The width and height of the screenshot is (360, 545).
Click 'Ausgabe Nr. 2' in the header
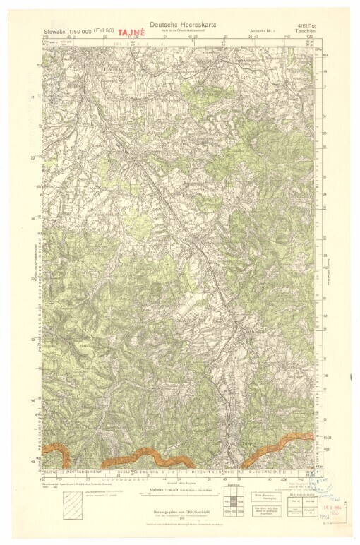coord(262,32)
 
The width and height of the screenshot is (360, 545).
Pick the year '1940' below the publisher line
coord(179,522)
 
